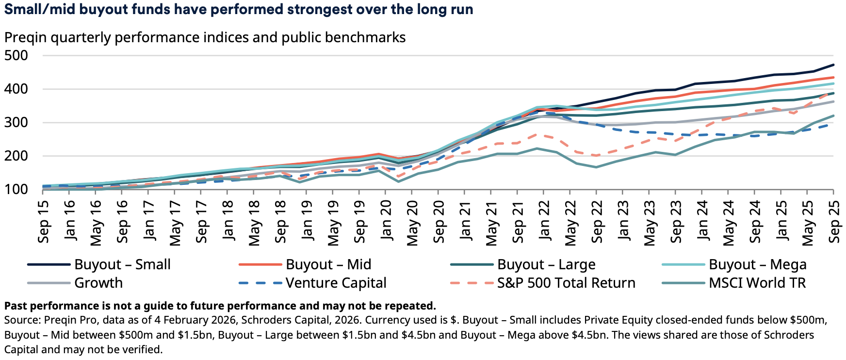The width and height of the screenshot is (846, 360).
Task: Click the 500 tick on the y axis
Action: (16, 55)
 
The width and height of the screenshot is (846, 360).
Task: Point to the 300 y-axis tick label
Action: (16, 122)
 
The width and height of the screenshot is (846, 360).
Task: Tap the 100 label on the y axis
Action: (16, 189)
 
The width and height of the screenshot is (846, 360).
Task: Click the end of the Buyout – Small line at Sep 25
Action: (833, 65)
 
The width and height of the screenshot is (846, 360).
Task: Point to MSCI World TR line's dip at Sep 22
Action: (596, 167)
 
